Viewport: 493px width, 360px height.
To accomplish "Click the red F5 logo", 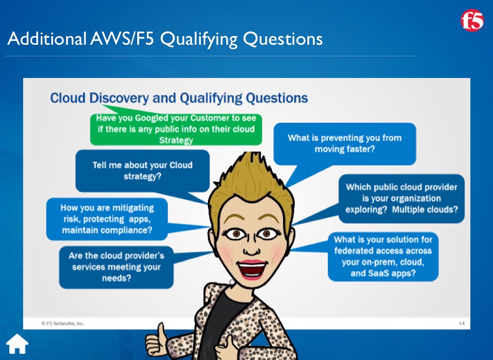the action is pos(472,20).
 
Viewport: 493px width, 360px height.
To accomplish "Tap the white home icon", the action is pos(17,344).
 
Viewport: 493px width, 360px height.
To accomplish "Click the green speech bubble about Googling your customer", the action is pos(176,129).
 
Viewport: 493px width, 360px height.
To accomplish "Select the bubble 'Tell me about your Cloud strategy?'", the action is pos(143,171).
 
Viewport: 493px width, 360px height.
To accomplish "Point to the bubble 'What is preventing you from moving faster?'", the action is pos(345,144).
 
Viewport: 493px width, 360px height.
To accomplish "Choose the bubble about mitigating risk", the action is pos(107,219).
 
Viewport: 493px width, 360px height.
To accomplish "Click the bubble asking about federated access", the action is pos(383,257).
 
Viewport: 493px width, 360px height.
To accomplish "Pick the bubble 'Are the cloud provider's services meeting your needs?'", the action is pos(117,267).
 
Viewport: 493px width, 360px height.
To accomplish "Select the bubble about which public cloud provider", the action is pos(402,198).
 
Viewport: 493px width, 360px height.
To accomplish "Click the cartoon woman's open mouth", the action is pos(251,270).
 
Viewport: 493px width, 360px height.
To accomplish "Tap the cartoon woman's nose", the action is pos(251,250).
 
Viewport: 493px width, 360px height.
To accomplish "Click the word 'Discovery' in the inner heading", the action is pos(119,98).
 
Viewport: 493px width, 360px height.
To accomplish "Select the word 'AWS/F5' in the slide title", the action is pos(122,39).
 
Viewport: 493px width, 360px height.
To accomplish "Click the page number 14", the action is pos(462,323).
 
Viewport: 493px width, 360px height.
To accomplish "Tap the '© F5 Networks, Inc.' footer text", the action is pos(63,323).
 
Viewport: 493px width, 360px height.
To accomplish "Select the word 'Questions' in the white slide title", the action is pos(283,39).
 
